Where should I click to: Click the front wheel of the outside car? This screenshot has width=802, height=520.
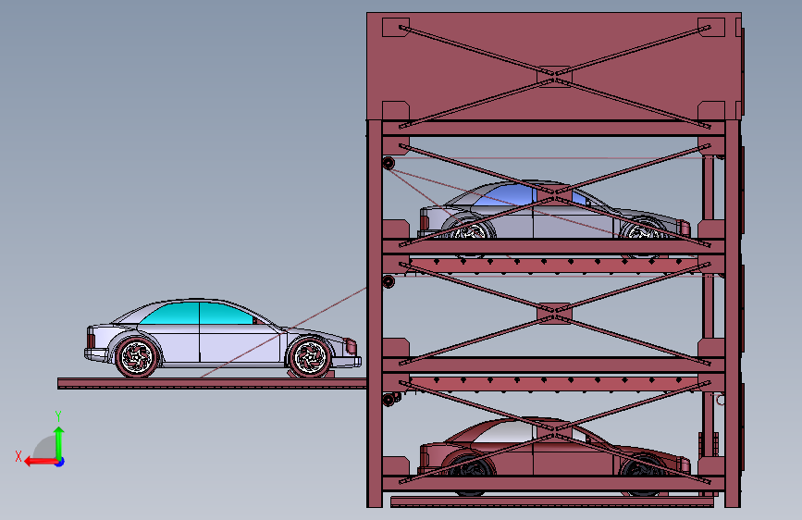click(309, 356)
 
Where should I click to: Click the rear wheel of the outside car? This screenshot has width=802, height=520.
click(138, 356)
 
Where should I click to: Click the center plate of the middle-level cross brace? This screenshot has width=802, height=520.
click(554, 315)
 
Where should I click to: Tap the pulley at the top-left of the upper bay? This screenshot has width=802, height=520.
click(389, 165)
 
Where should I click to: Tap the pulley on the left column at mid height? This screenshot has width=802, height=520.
click(389, 280)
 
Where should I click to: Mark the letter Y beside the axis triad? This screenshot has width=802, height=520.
click(58, 415)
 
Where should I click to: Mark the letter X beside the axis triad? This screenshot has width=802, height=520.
click(18, 456)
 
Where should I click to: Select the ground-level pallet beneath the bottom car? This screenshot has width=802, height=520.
click(553, 502)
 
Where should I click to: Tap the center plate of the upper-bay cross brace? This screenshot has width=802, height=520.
click(554, 195)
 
